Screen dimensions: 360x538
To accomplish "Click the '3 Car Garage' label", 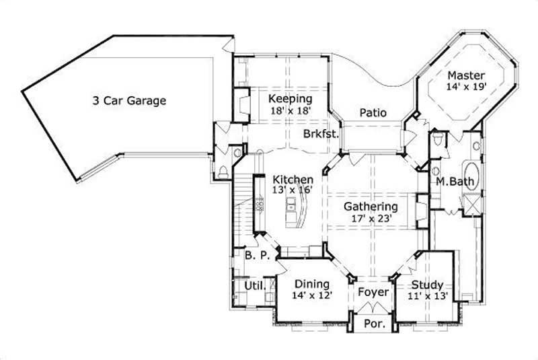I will (x=129, y=101).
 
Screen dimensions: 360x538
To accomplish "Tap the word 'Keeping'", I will (x=290, y=98).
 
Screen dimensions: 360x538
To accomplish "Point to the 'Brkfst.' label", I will (x=320, y=133).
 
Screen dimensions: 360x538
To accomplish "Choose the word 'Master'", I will (x=466, y=75).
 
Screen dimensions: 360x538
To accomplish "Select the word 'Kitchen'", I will (x=293, y=180).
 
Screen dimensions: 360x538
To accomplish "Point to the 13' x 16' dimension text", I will (x=293, y=190).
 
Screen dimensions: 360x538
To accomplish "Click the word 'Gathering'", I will (x=371, y=206).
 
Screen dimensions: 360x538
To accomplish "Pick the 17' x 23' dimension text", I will (x=371, y=217).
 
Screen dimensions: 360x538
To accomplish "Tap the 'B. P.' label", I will (x=256, y=256).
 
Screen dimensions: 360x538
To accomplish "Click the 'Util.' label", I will (x=253, y=287).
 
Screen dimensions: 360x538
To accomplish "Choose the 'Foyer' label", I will (x=373, y=292).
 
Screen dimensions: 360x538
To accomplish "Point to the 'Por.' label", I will (x=373, y=324).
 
